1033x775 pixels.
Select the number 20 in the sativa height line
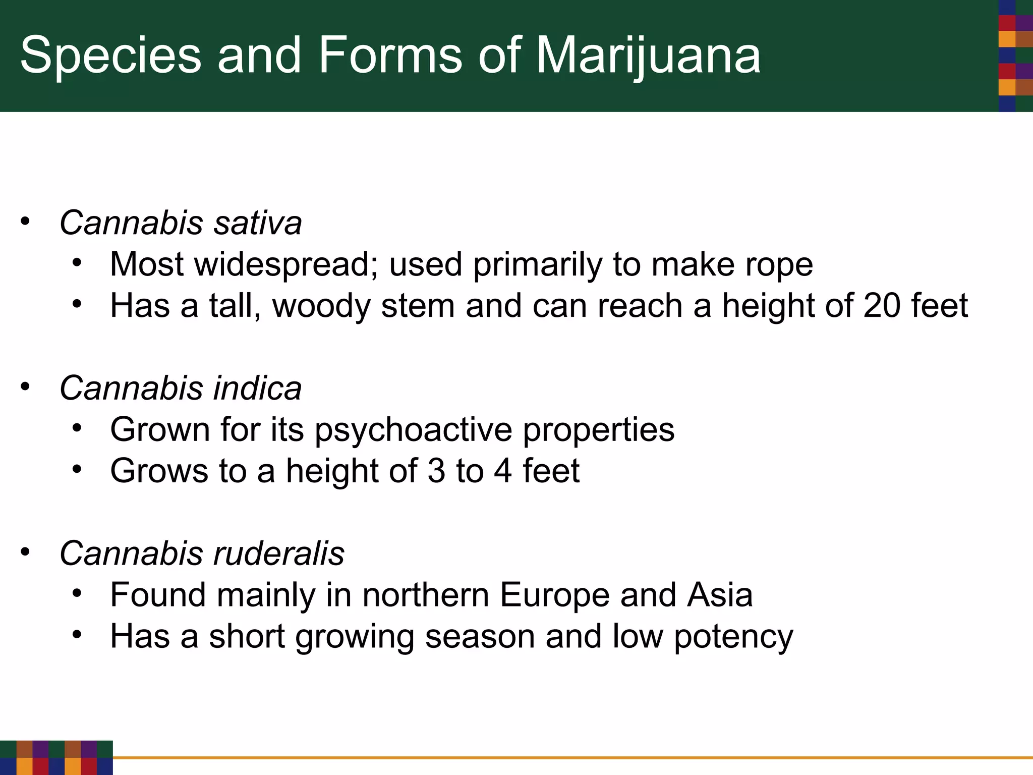[882, 305]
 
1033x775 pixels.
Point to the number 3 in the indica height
[436, 471]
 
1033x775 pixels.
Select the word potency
[733, 637]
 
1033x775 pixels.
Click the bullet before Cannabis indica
[25, 387]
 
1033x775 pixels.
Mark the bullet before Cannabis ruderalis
[25, 552]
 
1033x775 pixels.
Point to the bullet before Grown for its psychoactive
[77, 428]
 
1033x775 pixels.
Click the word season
[480, 636]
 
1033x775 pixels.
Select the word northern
[426, 595]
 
